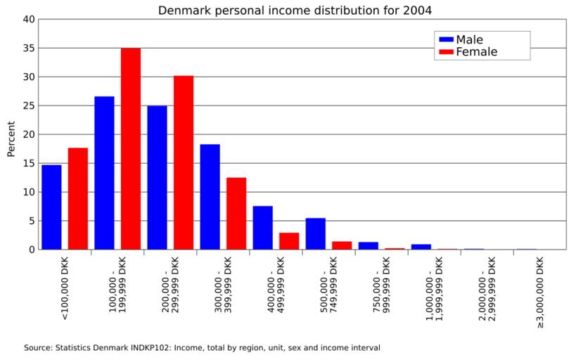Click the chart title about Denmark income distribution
point(295,10)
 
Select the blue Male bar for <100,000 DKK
point(51,207)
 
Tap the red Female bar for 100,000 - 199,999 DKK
point(131,148)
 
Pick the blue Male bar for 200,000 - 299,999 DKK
point(157,177)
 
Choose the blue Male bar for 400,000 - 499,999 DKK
point(262,227)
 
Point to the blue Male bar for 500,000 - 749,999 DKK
point(315,233)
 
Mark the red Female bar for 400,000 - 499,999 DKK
point(289,240)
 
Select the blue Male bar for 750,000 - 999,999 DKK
point(368,245)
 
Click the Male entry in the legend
point(468,39)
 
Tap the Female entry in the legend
point(475,52)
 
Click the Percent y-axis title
point(11,139)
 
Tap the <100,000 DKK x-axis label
point(65,288)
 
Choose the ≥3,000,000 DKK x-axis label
point(539,292)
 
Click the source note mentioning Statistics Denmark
point(202,347)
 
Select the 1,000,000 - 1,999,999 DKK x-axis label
point(434,290)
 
